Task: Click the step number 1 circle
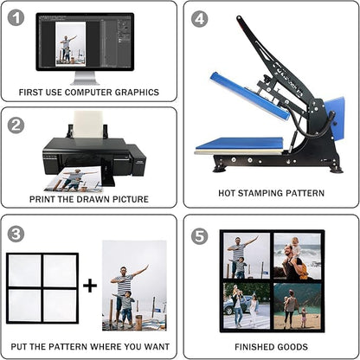click(x=16, y=18)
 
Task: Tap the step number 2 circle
click(x=16, y=125)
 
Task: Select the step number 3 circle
click(x=16, y=234)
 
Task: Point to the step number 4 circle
click(x=200, y=18)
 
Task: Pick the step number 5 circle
click(x=200, y=235)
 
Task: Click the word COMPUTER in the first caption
click(x=88, y=93)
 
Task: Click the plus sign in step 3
click(x=90, y=286)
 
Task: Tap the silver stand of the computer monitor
click(x=85, y=78)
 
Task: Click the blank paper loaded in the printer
click(x=88, y=125)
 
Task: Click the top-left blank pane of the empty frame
click(x=25, y=271)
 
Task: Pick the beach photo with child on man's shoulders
click(x=297, y=256)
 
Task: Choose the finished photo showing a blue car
click(x=247, y=305)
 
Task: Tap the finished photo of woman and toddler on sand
click(x=297, y=306)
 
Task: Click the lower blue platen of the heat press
click(x=240, y=144)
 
